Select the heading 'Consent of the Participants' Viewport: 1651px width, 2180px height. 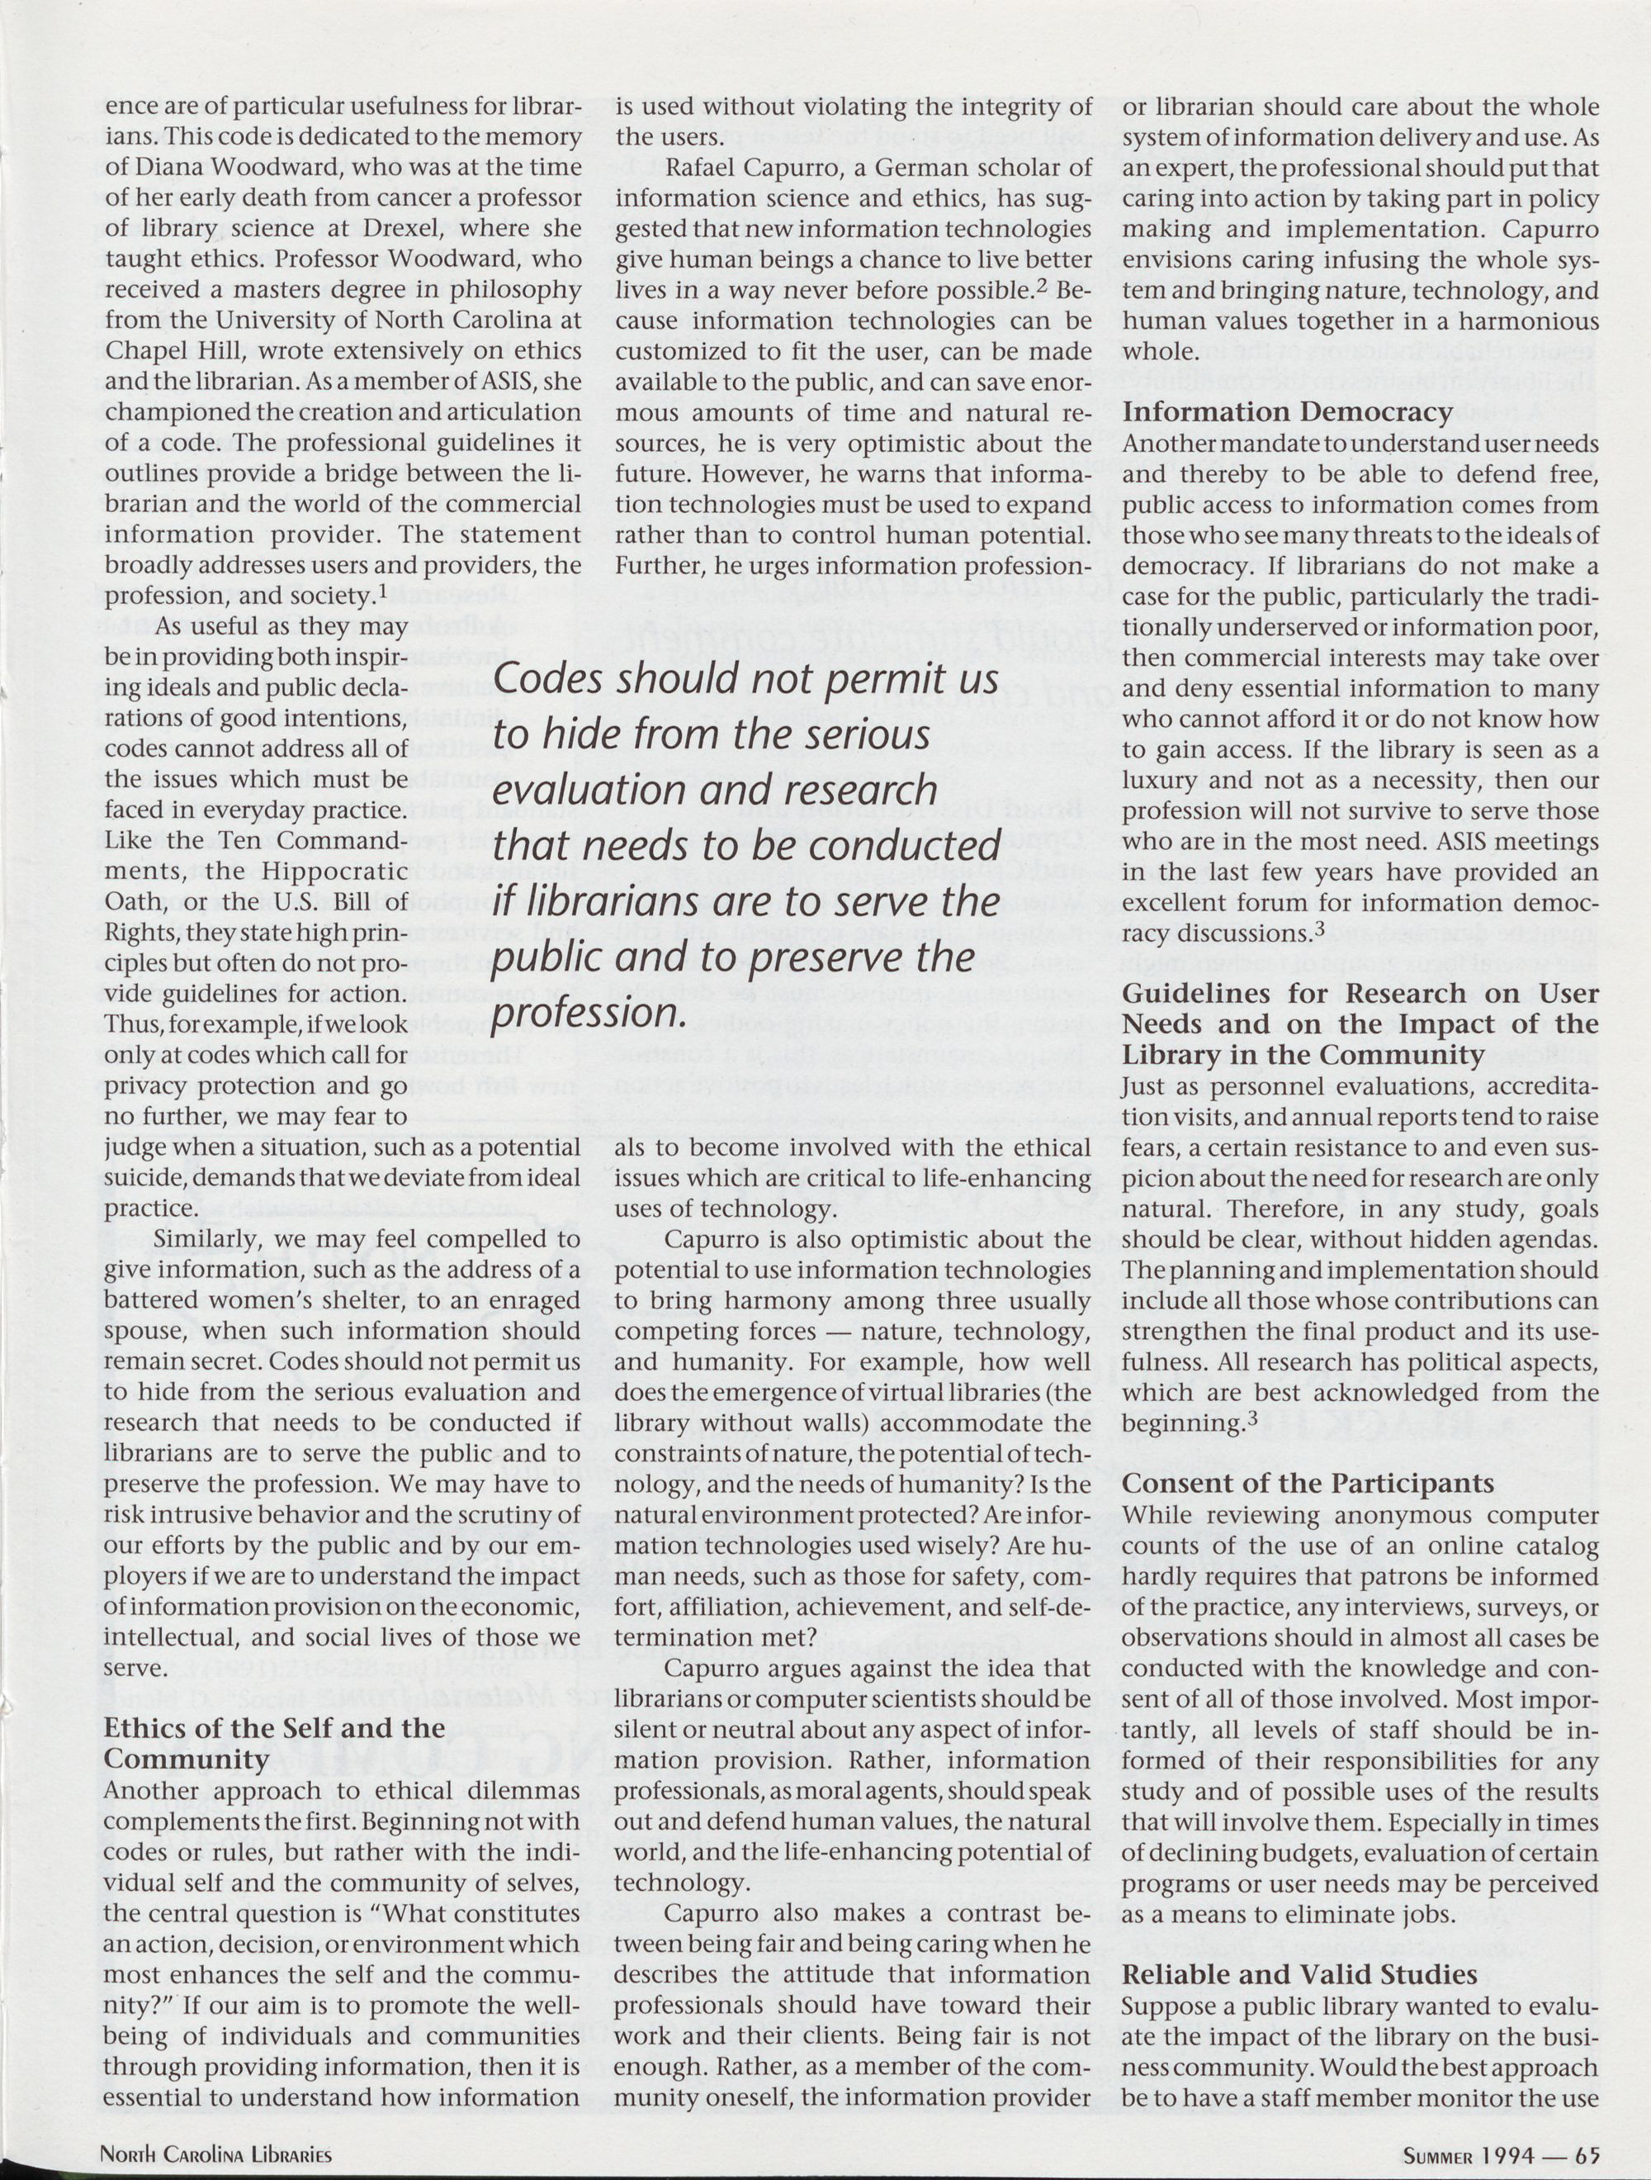click(x=1308, y=1484)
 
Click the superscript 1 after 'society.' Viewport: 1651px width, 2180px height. click(x=379, y=591)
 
